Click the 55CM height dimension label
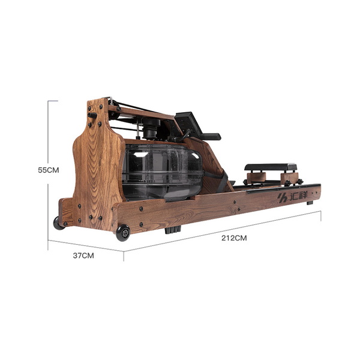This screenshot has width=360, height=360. click(x=49, y=170)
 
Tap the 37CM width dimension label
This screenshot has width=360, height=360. click(x=83, y=256)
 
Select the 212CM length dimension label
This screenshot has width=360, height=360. click(x=234, y=238)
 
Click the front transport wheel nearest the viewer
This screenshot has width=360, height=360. click(x=123, y=233)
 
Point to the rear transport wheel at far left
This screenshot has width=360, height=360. click(x=58, y=223)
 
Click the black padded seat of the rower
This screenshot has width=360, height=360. click(x=271, y=167)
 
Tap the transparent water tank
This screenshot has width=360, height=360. click(x=162, y=171)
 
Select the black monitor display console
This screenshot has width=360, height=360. click(x=187, y=123)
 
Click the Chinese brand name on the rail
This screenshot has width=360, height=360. click(x=298, y=196)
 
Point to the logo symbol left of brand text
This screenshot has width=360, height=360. click(x=283, y=198)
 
